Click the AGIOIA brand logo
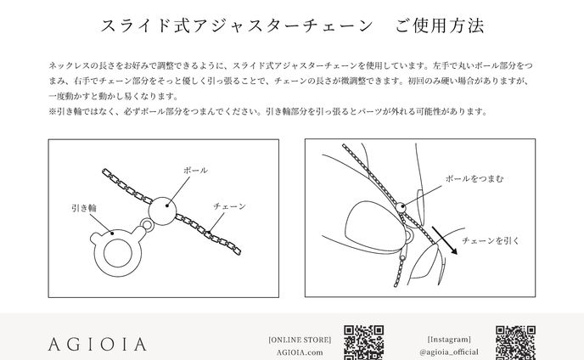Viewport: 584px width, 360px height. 98,345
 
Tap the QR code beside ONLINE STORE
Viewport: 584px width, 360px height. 364,343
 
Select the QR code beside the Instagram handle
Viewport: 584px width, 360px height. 515,343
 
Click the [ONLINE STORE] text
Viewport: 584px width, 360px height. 300,340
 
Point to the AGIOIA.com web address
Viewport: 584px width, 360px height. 300,352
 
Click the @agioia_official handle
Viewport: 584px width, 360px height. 449,352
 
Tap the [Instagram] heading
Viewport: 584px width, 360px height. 449,339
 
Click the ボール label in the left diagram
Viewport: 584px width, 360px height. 195,171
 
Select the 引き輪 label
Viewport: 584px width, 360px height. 84,207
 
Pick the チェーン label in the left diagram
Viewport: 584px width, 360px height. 230,206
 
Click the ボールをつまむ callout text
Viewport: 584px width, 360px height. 474,178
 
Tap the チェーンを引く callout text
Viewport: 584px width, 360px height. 491,241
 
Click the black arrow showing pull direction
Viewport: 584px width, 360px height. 445,240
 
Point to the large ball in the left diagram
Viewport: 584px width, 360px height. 162,211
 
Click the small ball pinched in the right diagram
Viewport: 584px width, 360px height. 401,207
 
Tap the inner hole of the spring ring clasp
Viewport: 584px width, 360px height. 118,253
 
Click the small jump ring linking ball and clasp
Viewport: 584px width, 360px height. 148,225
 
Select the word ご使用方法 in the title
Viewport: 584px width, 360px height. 440,25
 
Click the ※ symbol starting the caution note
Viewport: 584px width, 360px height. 52,111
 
